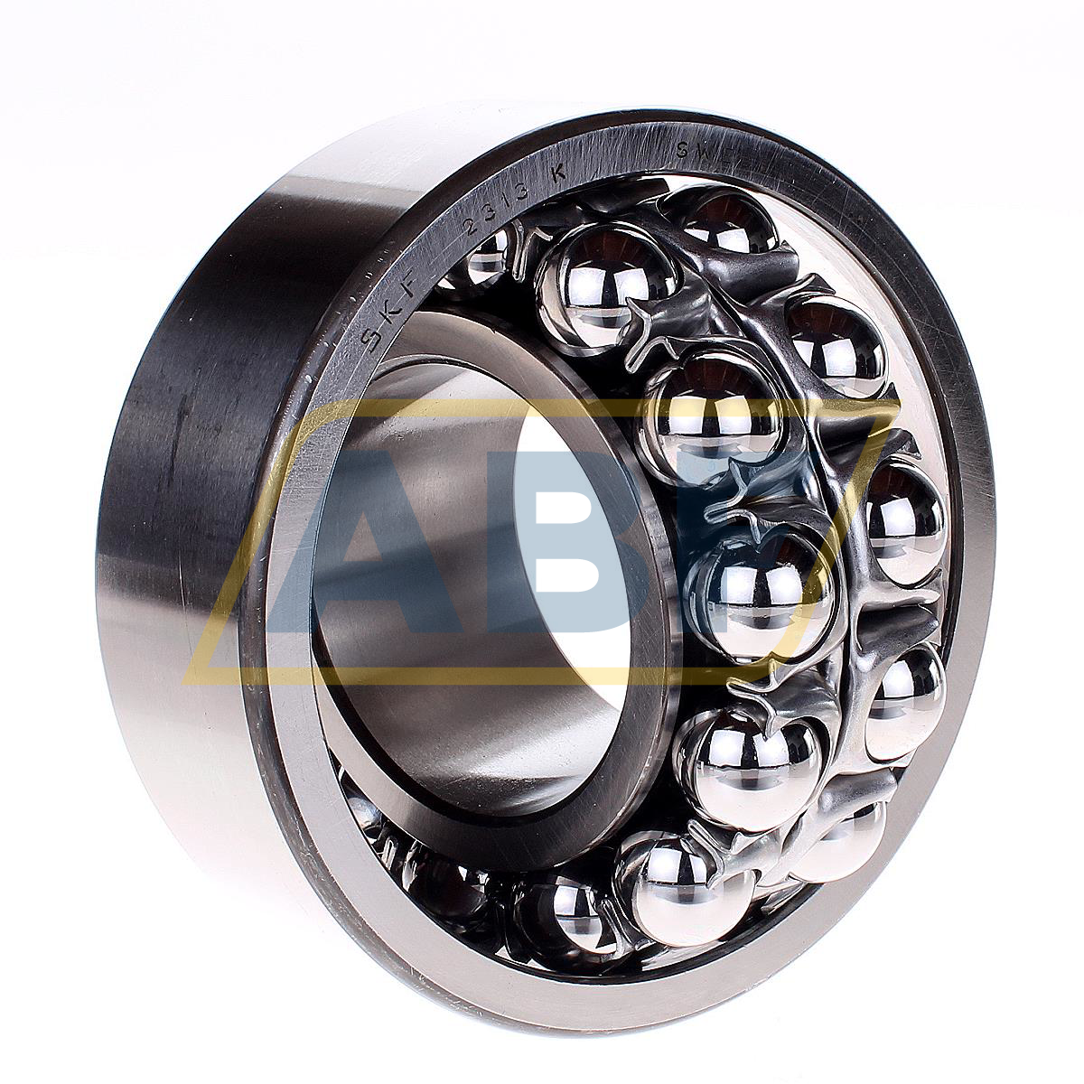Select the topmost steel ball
pyautogui.click(x=727, y=221)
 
